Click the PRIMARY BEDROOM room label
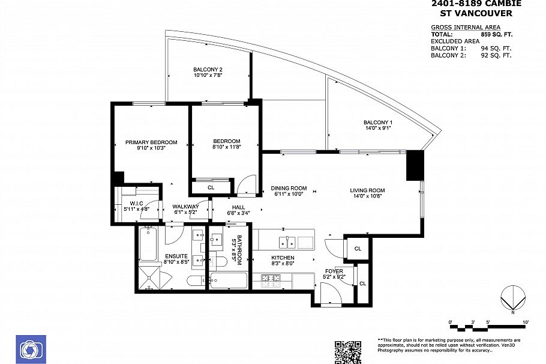151,142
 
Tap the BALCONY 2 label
208,69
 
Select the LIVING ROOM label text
367,190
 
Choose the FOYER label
334,271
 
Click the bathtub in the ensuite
148,244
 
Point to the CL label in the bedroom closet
211,187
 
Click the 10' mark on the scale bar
526,323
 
